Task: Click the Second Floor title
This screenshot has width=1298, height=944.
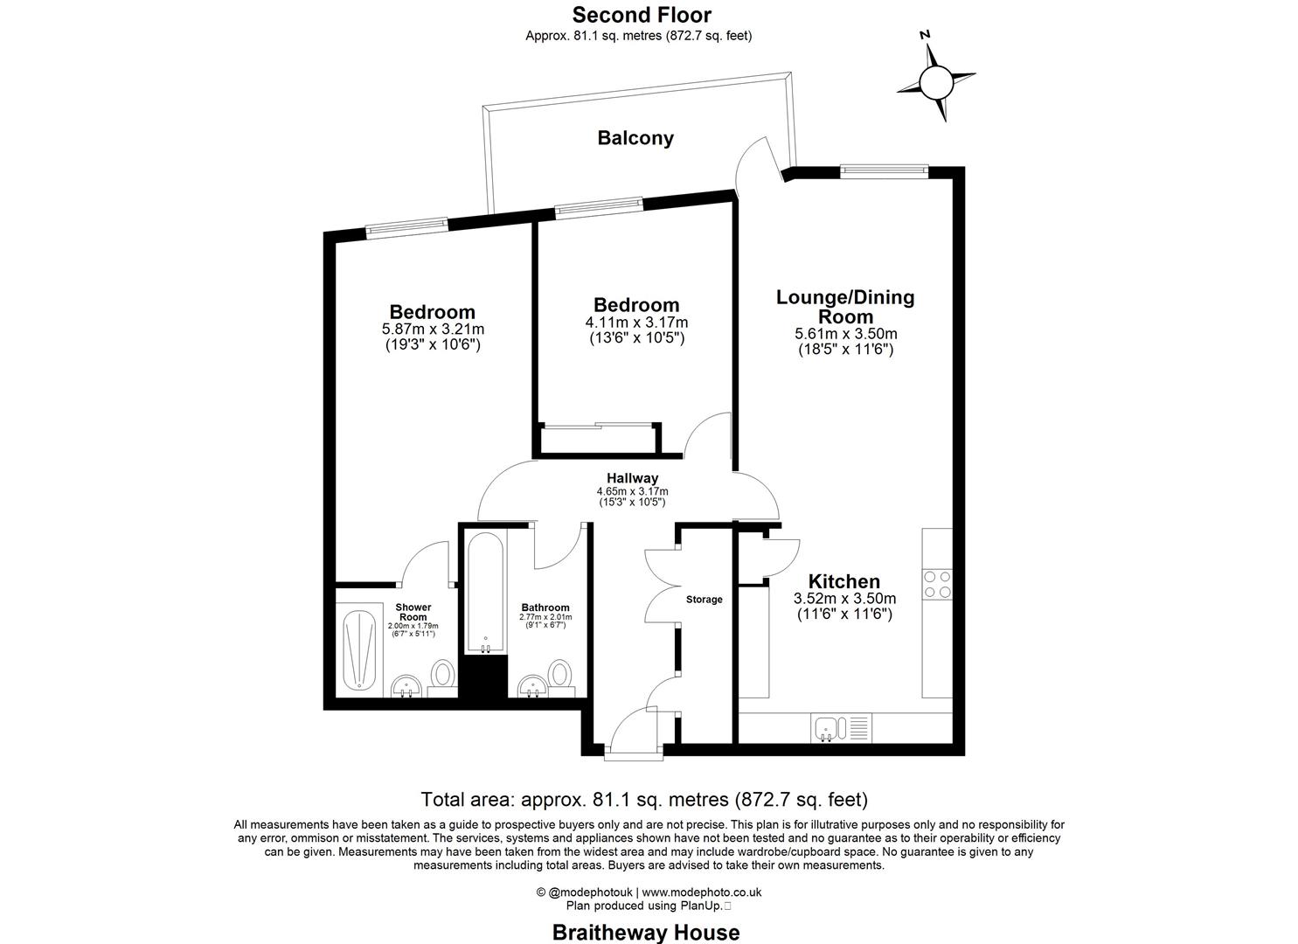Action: (642, 15)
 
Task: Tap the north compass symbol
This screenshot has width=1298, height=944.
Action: (935, 83)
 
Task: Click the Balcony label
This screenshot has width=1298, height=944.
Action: (635, 138)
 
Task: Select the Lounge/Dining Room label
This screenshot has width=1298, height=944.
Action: (845, 307)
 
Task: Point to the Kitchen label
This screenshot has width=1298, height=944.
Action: (843, 581)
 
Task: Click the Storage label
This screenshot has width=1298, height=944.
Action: (704, 600)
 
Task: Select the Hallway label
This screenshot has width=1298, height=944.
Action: (632, 478)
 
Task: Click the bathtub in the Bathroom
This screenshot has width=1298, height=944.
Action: (485, 592)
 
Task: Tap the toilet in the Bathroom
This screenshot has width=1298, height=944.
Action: (560, 675)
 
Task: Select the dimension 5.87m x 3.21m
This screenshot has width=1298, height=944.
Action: (433, 330)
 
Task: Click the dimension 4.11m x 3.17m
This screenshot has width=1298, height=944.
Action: (636, 323)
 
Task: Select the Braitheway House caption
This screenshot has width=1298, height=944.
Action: (645, 932)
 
